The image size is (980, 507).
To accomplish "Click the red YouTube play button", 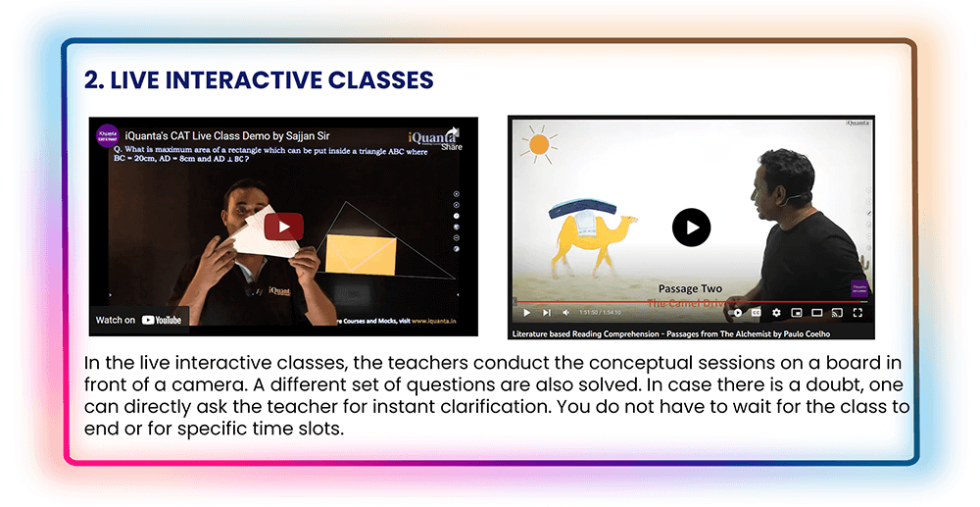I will pyautogui.click(x=283, y=227).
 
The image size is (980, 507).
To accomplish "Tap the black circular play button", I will pyautogui.click(x=691, y=228).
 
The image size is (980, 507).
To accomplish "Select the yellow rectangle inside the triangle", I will pyautogui.click(x=360, y=253).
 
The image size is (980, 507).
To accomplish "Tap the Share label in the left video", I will pyautogui.click(x=451, y=147).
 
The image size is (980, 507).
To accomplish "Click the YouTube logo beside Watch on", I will pyautogui.click(x=162, y=320).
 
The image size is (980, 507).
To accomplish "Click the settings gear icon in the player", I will pyautogui.click(x=776, y=313).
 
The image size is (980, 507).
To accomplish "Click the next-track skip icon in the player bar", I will pyautogui.click(x=547, y=313).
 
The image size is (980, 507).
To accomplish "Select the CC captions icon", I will pyautogui.click(x=756, y=313).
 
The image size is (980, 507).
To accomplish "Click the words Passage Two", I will pyautogui.click(x=690, y=288).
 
